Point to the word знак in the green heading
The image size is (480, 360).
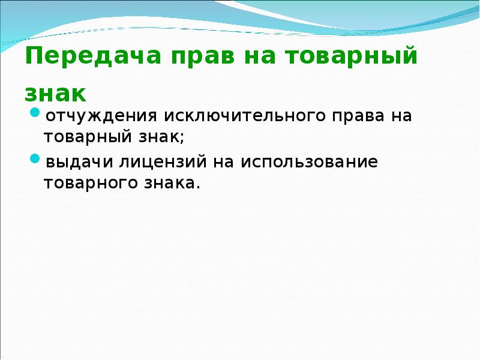coord(56,93)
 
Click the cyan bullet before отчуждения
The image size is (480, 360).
coord(35,113)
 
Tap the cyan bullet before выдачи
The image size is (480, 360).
coord(35,160)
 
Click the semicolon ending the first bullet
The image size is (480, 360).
coord(182,138)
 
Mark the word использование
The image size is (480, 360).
coord(310,163)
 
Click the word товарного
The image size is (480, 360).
coord(92,183)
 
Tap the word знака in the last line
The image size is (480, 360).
coord(172,183)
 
